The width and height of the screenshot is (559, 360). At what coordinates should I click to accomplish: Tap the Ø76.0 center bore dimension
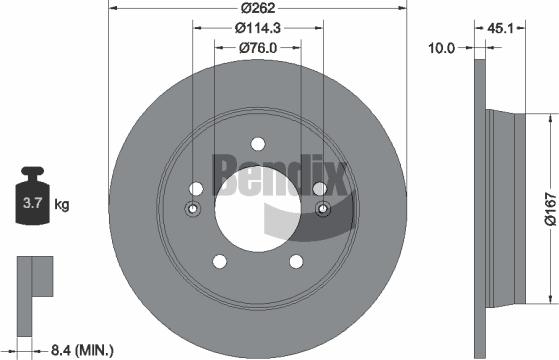tap(257, 48)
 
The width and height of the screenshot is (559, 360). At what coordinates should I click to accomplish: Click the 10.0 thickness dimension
tap(442, 46)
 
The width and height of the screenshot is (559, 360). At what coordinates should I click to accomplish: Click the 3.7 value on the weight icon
tap(31, 205)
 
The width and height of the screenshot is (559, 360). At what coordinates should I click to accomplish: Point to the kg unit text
tap(62, 205)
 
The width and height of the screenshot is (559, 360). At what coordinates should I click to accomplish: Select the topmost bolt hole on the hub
tap(257, 142)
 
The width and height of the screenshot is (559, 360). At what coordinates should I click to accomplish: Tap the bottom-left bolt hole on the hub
tap(218, 261)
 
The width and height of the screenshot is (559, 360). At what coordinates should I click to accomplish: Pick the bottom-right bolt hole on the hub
tap(296, 261)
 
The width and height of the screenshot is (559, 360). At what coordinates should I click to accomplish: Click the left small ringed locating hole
tap(193, 209)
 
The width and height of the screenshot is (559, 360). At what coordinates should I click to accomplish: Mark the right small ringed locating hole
tap(322, 209)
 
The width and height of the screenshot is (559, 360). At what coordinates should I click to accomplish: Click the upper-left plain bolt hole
tap(196, 188)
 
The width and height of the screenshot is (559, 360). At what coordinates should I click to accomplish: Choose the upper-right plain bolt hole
tap(319, 188)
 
